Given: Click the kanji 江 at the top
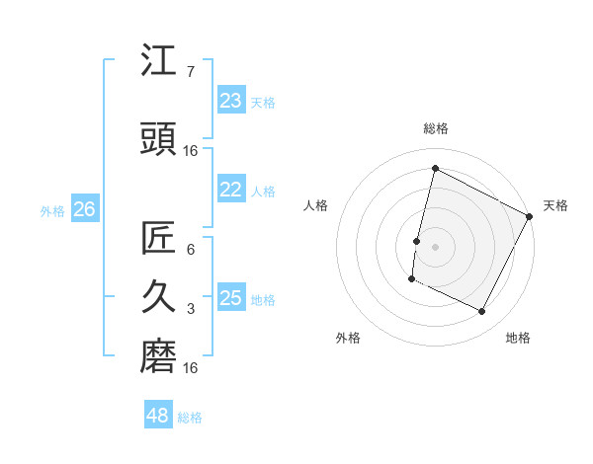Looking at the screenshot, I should tap(159, 61).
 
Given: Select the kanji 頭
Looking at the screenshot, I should tap(159, 140).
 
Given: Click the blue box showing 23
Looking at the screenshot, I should tap(230, 101).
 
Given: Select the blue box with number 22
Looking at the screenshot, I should tap(230, 191).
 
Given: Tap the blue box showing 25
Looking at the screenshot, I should tap(230, 298).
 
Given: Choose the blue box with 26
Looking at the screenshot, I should tap(84, 209).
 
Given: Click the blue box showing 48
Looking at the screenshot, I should tap(158, 416).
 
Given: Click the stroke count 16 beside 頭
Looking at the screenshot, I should tap(191, 151).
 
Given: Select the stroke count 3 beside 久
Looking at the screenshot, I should tap(191, 309).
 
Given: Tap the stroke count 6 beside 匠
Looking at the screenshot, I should tap(191, 250).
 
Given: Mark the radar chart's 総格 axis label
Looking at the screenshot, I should tap(436, 128).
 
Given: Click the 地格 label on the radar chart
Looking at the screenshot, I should tap(518, 338).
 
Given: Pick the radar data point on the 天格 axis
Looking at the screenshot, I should tap(530, 216).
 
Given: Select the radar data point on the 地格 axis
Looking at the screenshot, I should tap(482, 312).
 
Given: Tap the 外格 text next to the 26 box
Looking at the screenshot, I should tap(52, 210).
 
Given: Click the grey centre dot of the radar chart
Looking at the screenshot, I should tap(435, 246).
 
